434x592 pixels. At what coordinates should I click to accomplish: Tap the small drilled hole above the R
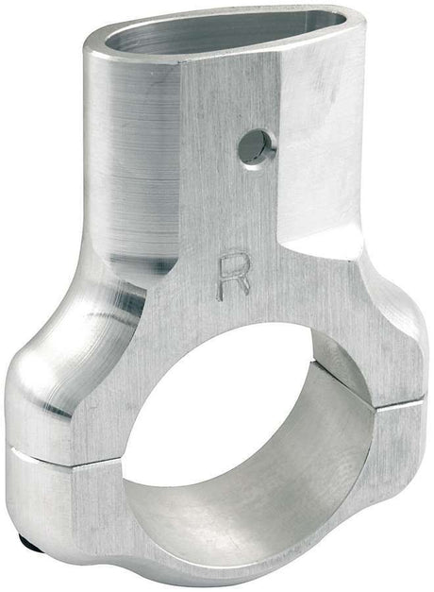[x=253, y=146]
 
